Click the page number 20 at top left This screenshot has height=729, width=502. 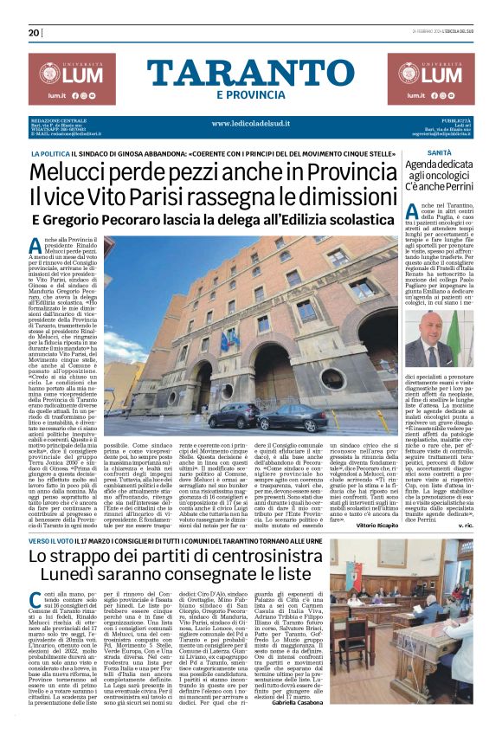click(x=34, y=33)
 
